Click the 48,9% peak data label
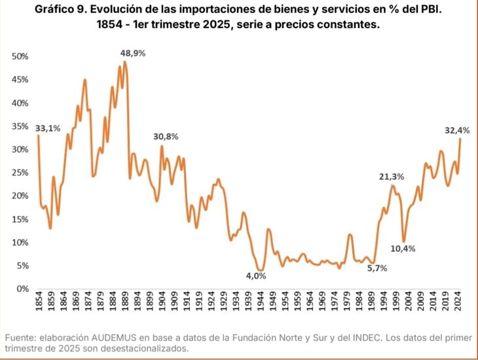[132, 53]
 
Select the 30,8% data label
[165, 137]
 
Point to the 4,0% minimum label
[256, 276]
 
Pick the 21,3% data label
[392, 176]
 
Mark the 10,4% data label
[403, 249]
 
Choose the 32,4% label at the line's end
[458, 131]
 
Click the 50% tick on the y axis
[20, 57]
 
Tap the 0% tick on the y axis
[22, 289]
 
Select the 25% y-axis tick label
[20, 173]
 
